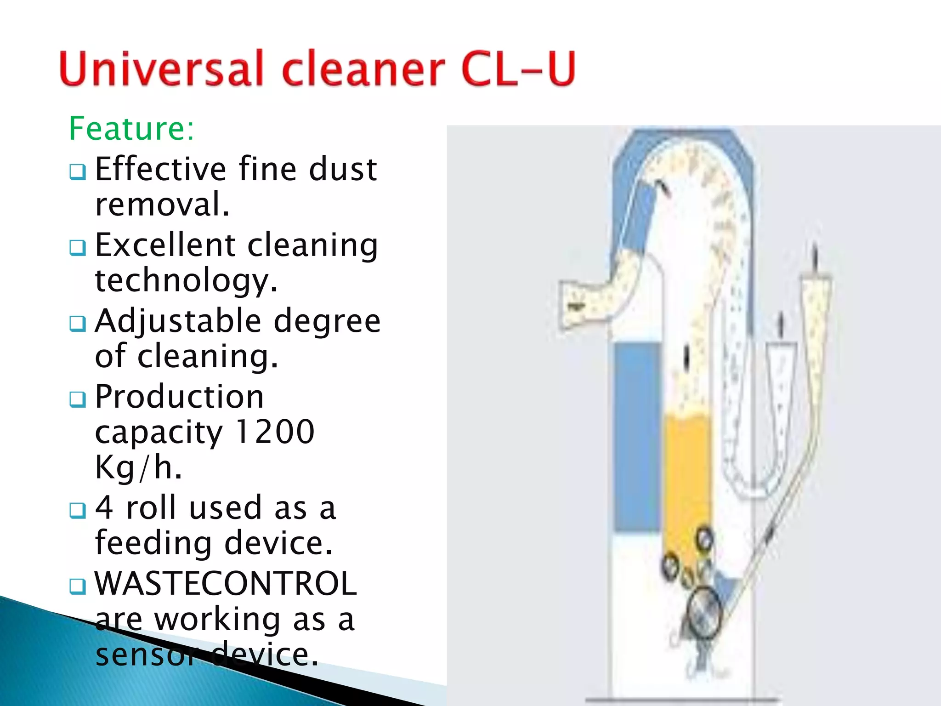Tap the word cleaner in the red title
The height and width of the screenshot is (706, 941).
pyautogui.click(x=363, y=69)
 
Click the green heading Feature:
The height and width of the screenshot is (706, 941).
pyautogui.click(x=131, y=129)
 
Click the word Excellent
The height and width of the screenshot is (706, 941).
pyautogui.click(x=165, y=245)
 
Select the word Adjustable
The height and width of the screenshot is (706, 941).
pyautogui.click(x=177, y=321)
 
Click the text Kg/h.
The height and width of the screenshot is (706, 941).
pyautogui.click(x=138, y=467)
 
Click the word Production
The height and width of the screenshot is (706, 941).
pyautogui.click(x=179, y=396)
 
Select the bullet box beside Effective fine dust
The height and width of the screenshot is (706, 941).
pyautogui.click(x=78, y=172)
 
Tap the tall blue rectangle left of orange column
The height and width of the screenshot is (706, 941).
pyautogui.click(x=637, y=437)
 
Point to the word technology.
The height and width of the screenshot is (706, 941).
pyautogui.click(x=186, y=280)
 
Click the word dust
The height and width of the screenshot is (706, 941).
pyautogui.click(x=343, y=169)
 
